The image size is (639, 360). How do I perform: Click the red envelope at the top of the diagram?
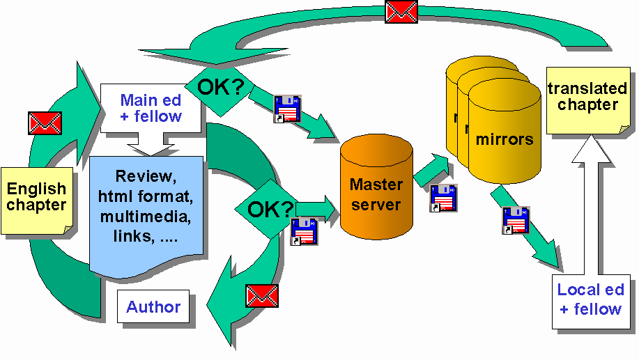401,11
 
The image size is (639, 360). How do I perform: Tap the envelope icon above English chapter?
45,123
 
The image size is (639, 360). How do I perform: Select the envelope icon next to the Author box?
262,296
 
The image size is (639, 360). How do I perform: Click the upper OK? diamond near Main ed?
220,87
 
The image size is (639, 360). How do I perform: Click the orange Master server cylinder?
376,188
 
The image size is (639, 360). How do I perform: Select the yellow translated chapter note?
583,97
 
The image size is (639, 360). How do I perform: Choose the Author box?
153,307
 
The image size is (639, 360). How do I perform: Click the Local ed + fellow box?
590,299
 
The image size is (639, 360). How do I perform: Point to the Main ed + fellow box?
151,109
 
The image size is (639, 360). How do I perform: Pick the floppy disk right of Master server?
443,198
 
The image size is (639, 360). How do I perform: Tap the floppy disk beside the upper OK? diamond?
287,109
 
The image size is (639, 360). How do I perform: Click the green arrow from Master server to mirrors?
432,171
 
